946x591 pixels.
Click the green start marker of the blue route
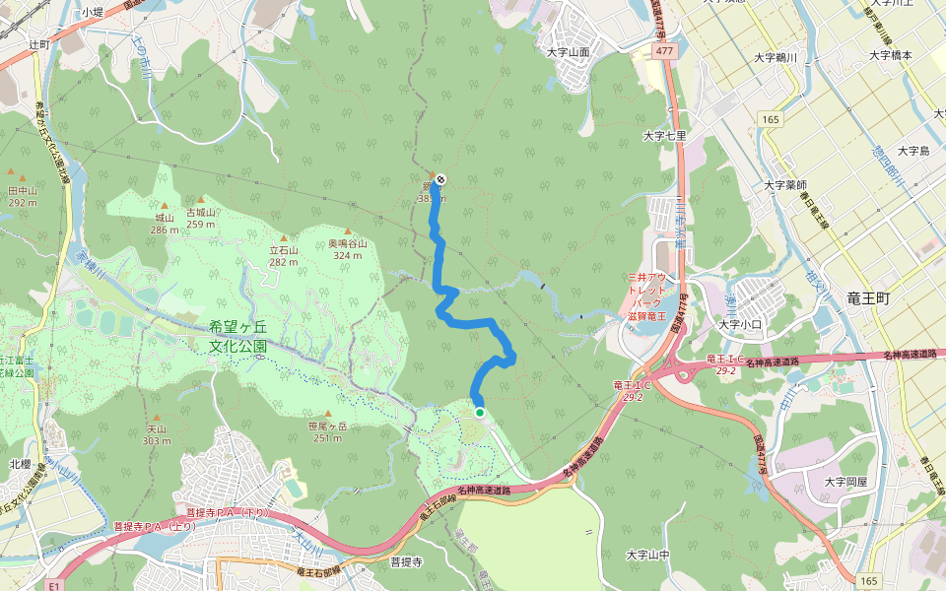point(480,412)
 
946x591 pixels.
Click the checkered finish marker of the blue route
point(439,179)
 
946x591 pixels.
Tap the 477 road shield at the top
point(668,50)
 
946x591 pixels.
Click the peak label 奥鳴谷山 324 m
point(347,248)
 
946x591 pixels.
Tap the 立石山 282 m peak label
point(284,255)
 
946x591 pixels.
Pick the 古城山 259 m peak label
point(200,217)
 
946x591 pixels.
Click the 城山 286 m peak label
point(164,223)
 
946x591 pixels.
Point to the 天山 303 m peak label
point(156,434)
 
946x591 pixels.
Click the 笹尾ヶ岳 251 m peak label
point(328,430)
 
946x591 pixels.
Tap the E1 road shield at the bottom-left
point(54,583)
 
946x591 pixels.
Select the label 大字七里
point(662,135)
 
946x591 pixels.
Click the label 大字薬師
point(785,184)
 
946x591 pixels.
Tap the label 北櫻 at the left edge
point(20,463)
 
